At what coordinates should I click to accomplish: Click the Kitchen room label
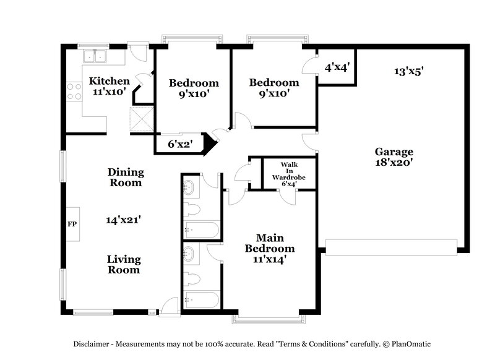[x=109, y=81]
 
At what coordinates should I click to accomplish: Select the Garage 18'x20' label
[x=394, y=156]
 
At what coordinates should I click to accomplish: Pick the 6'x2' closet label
[x=180, y=144]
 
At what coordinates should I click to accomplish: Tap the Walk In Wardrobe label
[x=289, y=174]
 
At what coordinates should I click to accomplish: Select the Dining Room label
[x=126, y=178]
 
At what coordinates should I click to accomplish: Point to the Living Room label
[x=124, y=265]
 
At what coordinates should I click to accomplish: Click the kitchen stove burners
[x=74, y=92]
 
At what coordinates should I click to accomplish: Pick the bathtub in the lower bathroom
[x=202, y=301]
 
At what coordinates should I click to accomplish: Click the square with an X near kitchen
[x=141, y=118]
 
